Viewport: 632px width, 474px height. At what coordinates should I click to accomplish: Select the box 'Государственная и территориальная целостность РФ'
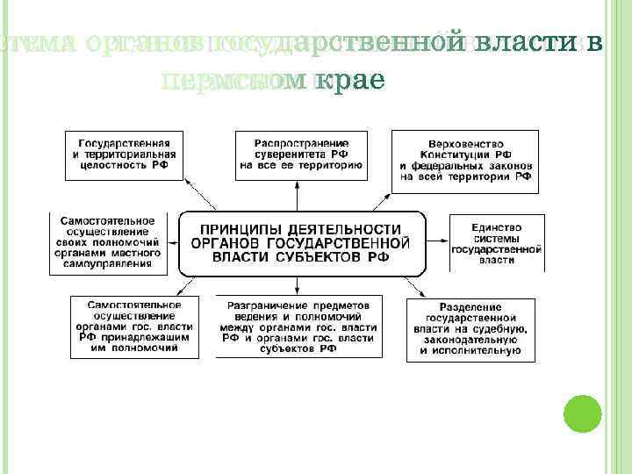point(126,154)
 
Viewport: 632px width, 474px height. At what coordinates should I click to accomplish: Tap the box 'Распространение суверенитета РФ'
point(301,154)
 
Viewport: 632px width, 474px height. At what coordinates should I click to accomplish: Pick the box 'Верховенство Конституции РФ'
point(464,160)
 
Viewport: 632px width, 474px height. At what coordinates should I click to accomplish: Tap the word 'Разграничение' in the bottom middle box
point(264,305)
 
